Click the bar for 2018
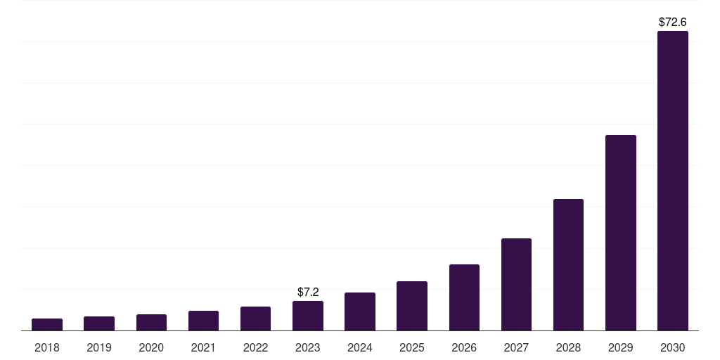[x=47, y=324]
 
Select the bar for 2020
[x=151, y=322]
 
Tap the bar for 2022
[x=255, y=319]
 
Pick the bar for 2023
[x=307, y=316]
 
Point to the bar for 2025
[x=412, y=306]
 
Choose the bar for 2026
[x=464, y=297]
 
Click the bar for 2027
[x=516, y=285]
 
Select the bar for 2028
[x=568, y=265]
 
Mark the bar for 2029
[x=620, y=233]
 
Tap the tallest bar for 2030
[x=672, y=181]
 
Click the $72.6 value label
[x=672, y=22]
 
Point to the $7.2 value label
[x=308, y=292]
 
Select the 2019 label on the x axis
[x=99, y=347]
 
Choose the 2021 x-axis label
[x=203, y=347]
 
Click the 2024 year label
[x=360, y=347]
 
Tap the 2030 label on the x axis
[x=672, y=347]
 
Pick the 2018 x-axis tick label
[x=47, y=347]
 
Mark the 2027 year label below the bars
[x=516, y=347]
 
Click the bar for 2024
[x=360, y=311]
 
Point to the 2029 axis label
[x=620, y=347]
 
